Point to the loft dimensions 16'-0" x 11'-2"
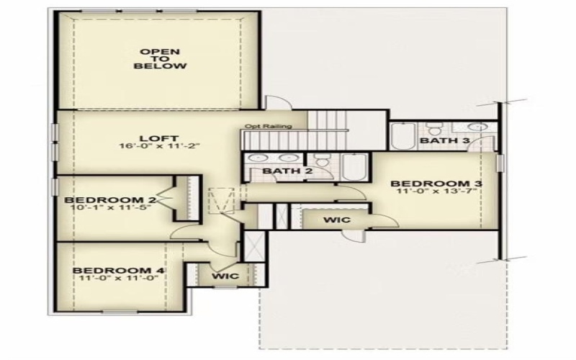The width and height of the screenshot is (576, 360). pyautogui.click(x=159, y=145)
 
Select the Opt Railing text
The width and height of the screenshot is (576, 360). pyautogui.click(x=268, y=127)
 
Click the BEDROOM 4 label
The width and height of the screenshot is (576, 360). pyautogui.click(x=119, y=271)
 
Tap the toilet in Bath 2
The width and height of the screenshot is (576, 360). pyautogui.click(x=323, y=165)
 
